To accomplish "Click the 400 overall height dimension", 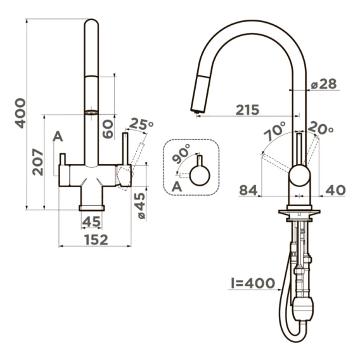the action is (20, 113).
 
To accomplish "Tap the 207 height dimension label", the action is (38, 162).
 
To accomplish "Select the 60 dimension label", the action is (108, 129).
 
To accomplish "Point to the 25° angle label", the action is (141, 124).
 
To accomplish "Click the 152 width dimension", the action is (96, 240).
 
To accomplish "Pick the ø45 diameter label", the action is (140, 205).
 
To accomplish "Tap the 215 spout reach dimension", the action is (247, 110).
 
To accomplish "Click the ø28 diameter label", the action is (324, 84).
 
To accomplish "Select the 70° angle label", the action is (275, 131).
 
